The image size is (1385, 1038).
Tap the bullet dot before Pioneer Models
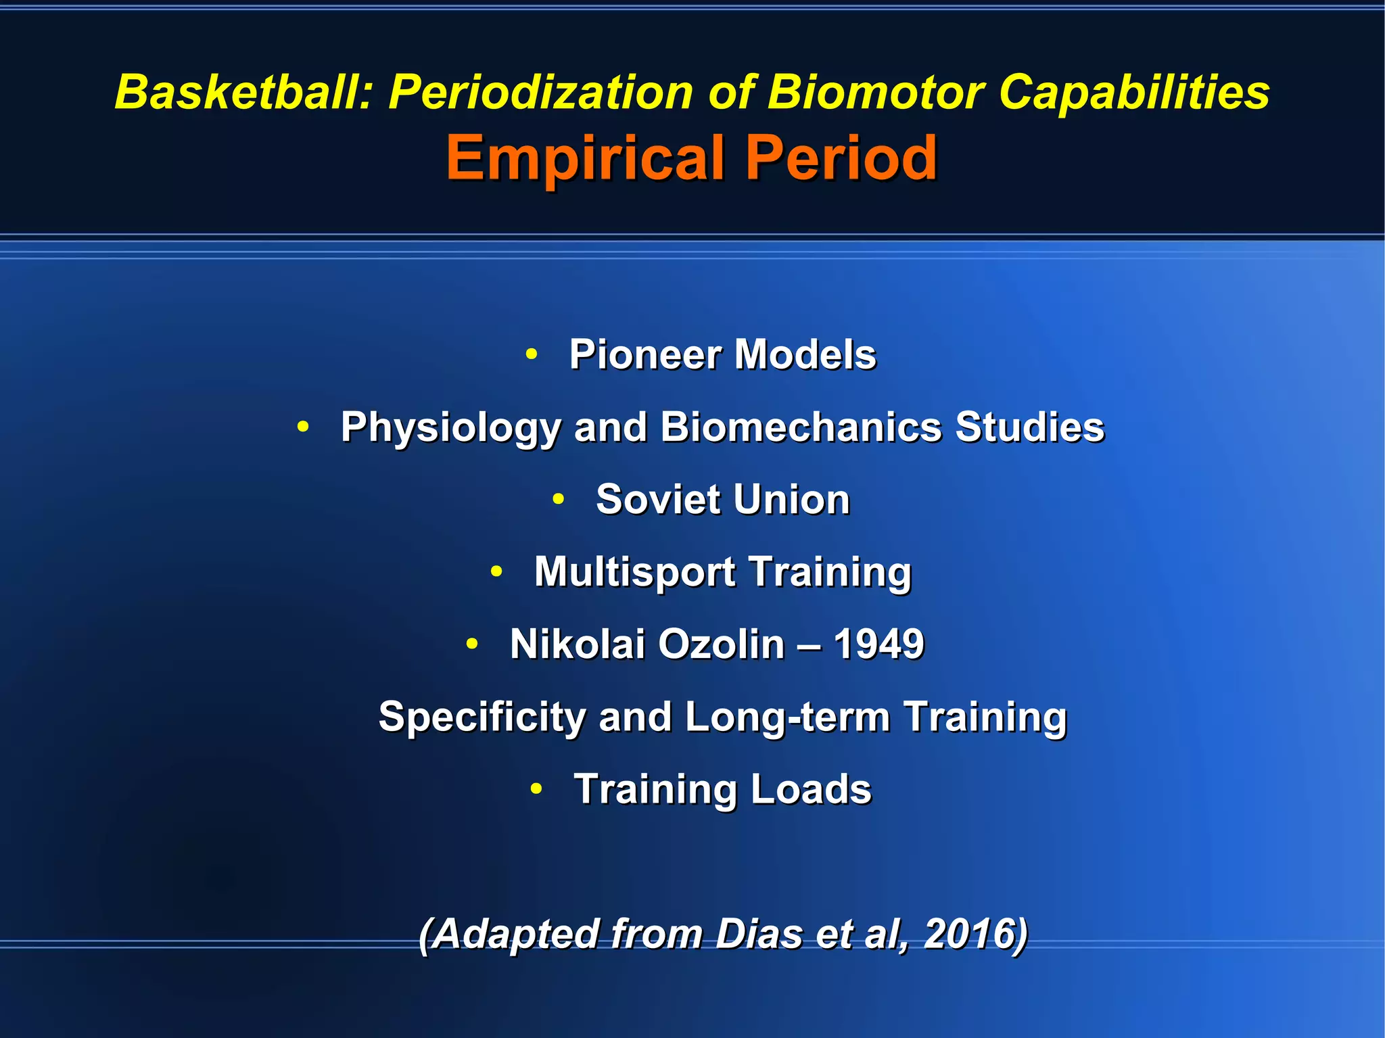click(532, 353)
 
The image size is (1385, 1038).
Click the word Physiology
click(450, 427)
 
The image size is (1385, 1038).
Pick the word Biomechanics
click(801, 427)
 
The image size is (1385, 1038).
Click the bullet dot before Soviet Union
click(558, 499)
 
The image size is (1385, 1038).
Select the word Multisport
click(634, 572)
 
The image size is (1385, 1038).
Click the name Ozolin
click(721, 644)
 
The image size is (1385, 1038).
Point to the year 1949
click(878, 644)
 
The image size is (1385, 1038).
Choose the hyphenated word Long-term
click(787, 717)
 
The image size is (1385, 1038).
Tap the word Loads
click(811, 789)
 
